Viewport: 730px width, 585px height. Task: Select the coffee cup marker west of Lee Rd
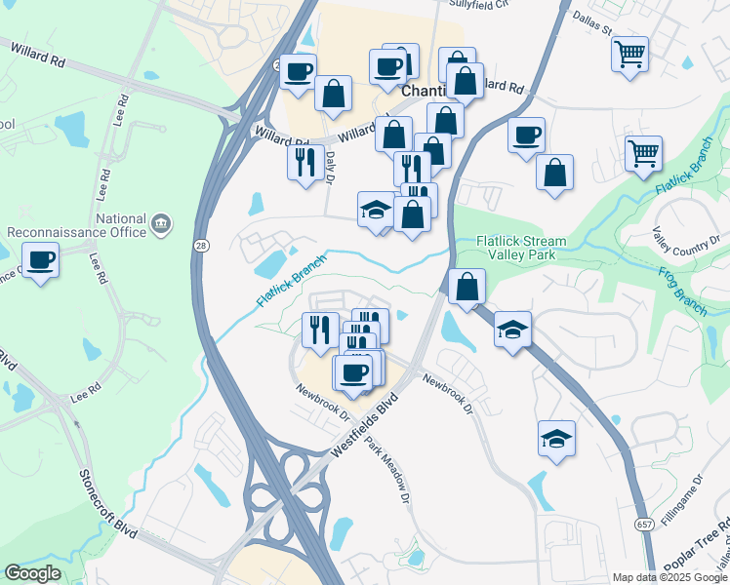click(41, 261)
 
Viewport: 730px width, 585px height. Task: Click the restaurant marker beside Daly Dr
click(305, 161)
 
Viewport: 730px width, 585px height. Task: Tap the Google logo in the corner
click(32, 573)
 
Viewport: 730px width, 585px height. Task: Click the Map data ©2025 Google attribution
click(669, 577)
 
